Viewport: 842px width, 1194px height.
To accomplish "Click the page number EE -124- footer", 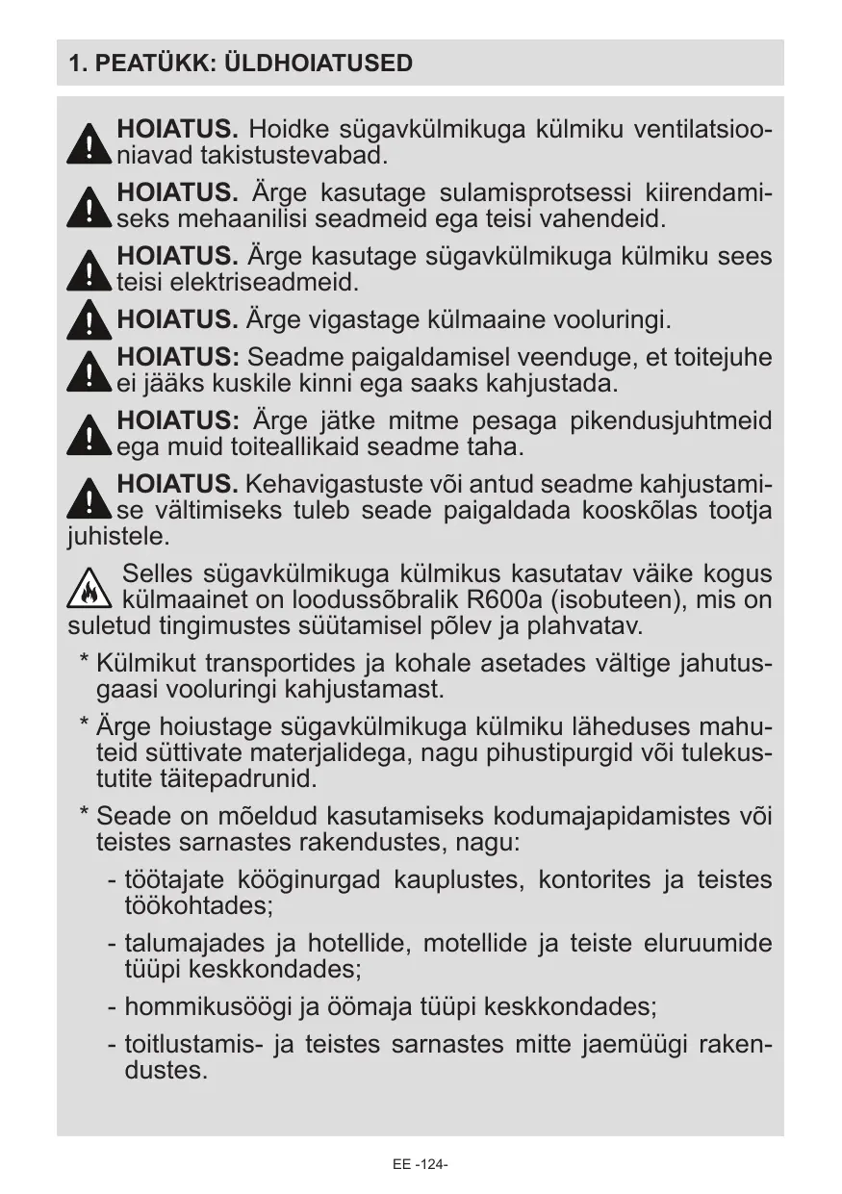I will (x=421, y=1164).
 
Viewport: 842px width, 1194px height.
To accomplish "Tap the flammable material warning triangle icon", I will (x=89, y=588).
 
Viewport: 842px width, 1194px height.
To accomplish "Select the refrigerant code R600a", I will (x=503, y=601).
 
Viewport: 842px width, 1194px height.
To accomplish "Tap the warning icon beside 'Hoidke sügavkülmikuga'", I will (x=89, y=143).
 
